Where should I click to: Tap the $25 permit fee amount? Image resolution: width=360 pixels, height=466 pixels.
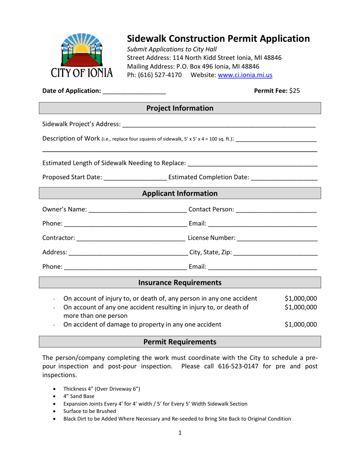(294, 91)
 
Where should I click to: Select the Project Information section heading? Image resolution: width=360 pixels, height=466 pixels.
(180, 108)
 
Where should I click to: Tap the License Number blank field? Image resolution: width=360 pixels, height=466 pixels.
(277, 238)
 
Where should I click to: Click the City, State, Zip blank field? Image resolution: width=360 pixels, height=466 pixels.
(275, 252)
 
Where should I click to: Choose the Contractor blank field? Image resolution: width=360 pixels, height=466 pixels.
(131, 238)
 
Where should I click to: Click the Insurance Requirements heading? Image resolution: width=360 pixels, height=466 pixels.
(180, 283)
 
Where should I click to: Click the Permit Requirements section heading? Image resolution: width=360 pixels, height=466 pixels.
(180, 342)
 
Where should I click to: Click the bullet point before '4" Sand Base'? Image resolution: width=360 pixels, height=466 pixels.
(56, 396)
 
